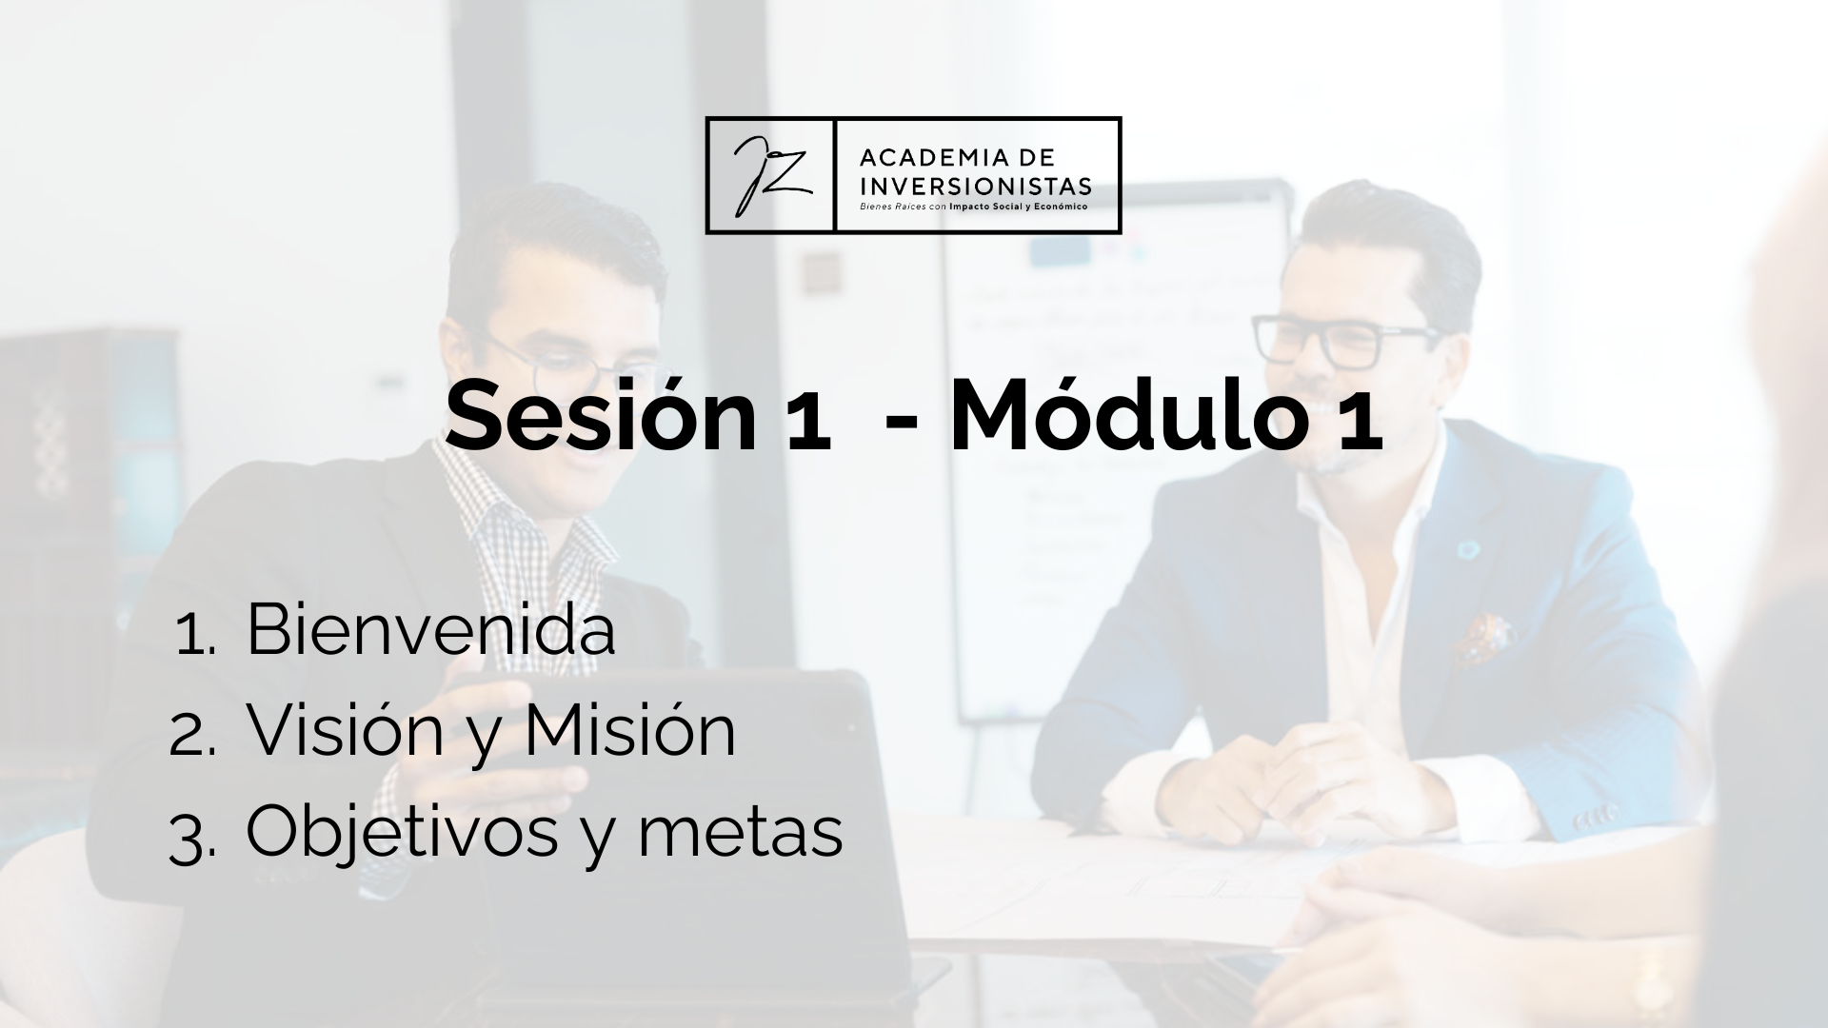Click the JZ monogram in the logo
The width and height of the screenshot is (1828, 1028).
(x=769, y=175)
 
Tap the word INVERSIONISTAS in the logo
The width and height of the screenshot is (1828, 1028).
(x=975, y=186)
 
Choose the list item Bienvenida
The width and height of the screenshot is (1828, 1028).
(x=430, y=629)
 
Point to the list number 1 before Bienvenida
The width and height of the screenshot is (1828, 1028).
(x=196, y=636)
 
